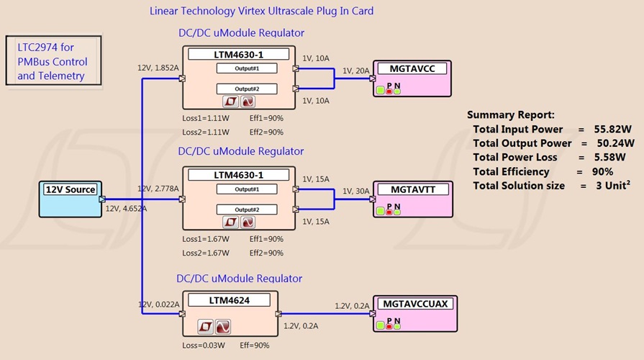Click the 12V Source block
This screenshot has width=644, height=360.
point(70,198)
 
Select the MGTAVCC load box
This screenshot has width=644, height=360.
point(412,78)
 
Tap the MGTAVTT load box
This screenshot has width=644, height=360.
point(412,199)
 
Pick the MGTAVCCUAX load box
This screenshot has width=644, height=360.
point(414,313)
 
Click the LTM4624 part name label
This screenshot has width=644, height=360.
point(229,300)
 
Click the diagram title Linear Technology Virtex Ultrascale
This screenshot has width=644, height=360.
point(261,11)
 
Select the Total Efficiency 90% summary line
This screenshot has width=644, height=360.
point(543,171)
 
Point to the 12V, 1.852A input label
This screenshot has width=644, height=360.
point(158,68)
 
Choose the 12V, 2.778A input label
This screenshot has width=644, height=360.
point(158,188)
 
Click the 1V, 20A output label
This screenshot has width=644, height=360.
point(355,71)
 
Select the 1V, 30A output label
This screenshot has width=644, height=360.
point(355,191)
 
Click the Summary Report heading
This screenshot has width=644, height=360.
point(510,114)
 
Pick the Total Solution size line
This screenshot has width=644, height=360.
point(551,186)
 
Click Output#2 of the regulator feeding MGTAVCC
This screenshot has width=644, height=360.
point(237,89)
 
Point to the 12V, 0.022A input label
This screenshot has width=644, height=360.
point(158,305)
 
